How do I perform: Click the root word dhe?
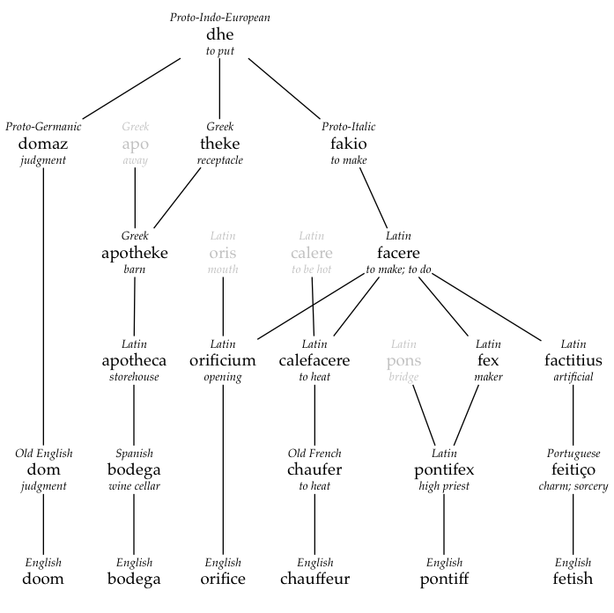[219, 34]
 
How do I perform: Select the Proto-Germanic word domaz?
[43, 144]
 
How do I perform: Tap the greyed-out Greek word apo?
[135, 144]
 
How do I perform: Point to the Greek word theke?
[219, 144]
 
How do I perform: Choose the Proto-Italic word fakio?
[349, 144]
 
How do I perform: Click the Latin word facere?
[398, 253]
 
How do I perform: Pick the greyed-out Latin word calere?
[312, 253]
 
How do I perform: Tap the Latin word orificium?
[222, 360]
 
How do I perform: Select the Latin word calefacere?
[314, 360]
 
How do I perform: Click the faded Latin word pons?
[403, 361]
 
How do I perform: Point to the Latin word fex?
[488, 360]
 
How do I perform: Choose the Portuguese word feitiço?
[573, 469]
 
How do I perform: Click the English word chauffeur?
[314, 579]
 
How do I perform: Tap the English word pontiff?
[444, 579]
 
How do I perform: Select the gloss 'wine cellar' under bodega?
[134, 486]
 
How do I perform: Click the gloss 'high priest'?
[444, 486]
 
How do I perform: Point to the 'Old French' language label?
[314, 454]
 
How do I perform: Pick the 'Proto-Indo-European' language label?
[219, 18]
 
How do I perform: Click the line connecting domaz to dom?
[43, 306]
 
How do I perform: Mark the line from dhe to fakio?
[284, 88]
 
